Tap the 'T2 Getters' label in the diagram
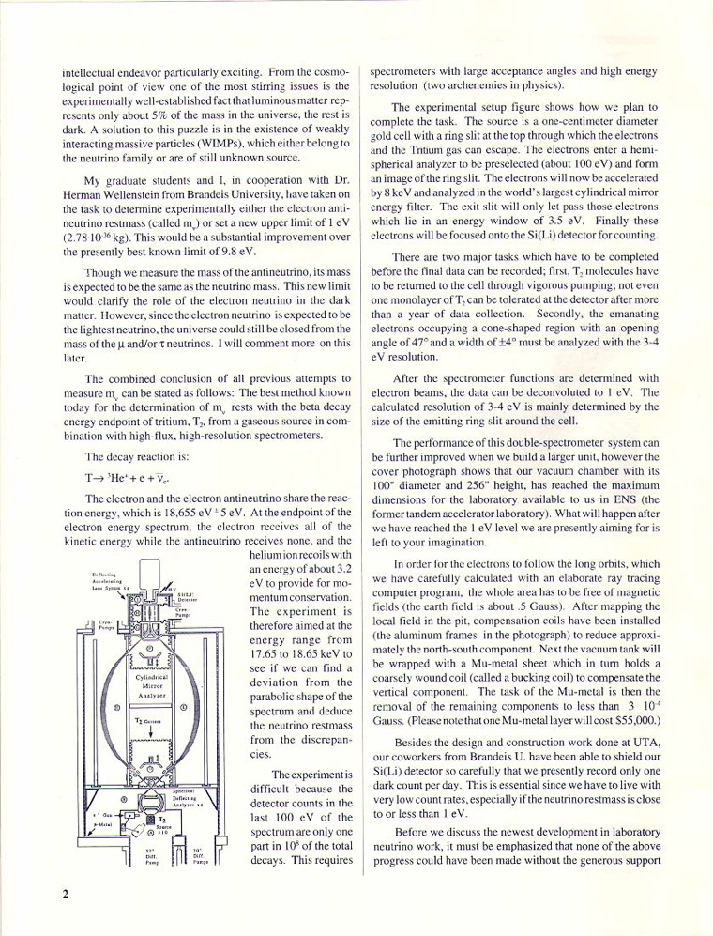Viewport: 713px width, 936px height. pos(151,721)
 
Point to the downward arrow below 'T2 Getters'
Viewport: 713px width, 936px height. pos(151,736)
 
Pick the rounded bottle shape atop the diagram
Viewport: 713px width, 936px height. pos(151,575)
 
